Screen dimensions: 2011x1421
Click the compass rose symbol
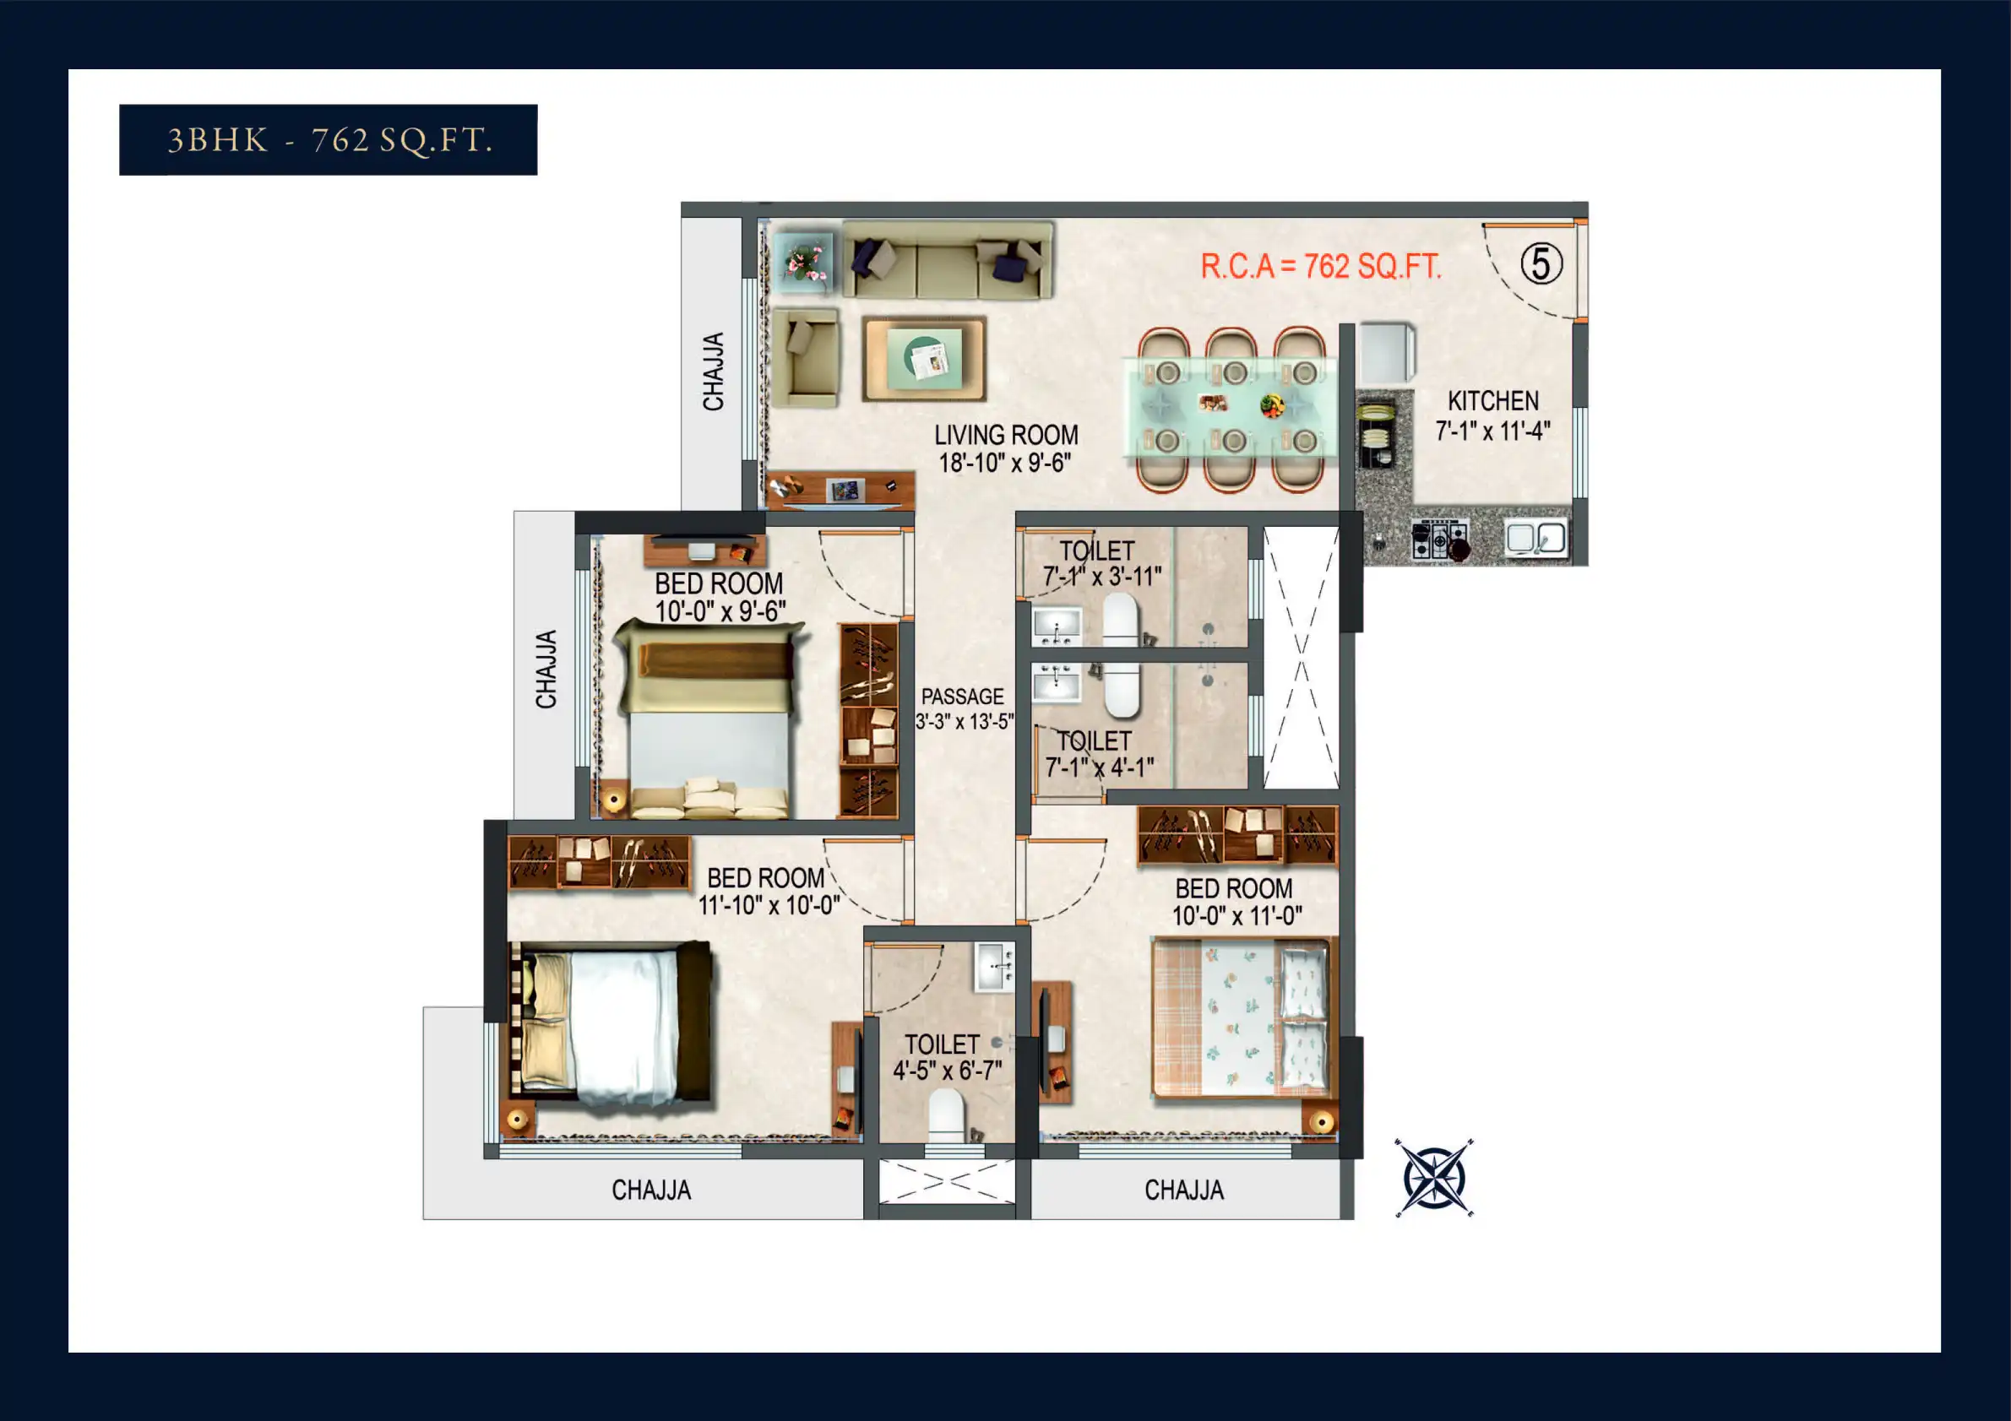click(x=1435, y=1178)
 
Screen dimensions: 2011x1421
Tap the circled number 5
click(x=1541, y=263)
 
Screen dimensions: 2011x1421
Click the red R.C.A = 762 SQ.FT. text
click(x=1321, y=266)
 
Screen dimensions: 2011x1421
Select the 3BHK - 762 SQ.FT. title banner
click(x=329, y=140)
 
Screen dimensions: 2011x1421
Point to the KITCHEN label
click(x=1493, y=401)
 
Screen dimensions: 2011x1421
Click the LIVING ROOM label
click(x=1007, y=435)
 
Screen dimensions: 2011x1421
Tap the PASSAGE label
click(x=963, y=697)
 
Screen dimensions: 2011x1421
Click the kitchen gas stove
click(x=1440, y=540)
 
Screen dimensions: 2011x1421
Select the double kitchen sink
click(x=1536, y=538)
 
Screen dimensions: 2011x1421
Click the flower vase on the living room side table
click(x=805, y=261)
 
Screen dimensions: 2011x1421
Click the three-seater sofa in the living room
click(x=948, y=260)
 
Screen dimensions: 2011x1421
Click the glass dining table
click(x=1231, y=407)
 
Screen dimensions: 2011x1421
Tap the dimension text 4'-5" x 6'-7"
click(x=948, y=1071)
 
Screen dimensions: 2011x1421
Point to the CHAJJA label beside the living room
click(x=714, y=372)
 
